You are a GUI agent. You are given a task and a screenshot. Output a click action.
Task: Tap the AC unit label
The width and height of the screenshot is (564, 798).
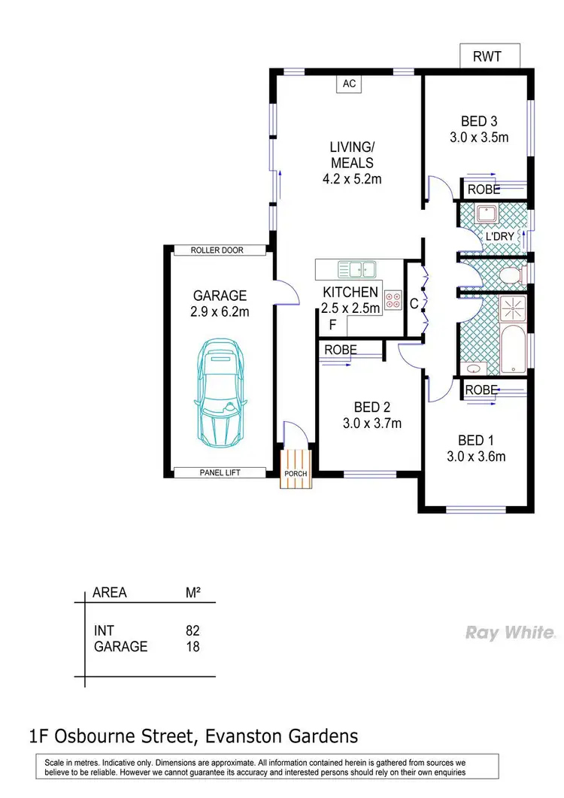(x=349, y=83)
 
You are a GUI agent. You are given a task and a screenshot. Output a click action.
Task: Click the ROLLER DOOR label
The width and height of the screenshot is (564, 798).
(x=217, y=250)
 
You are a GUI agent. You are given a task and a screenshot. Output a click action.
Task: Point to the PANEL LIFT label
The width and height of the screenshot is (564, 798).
(x=220, y=472)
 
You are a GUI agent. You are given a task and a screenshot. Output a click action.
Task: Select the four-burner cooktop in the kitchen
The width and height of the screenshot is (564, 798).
(x=393, y=300)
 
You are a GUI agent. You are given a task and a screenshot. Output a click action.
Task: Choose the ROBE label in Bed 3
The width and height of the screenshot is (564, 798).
(x=484, y=190)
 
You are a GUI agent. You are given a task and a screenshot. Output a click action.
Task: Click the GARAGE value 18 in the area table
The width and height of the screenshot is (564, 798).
(x=193, y=646)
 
